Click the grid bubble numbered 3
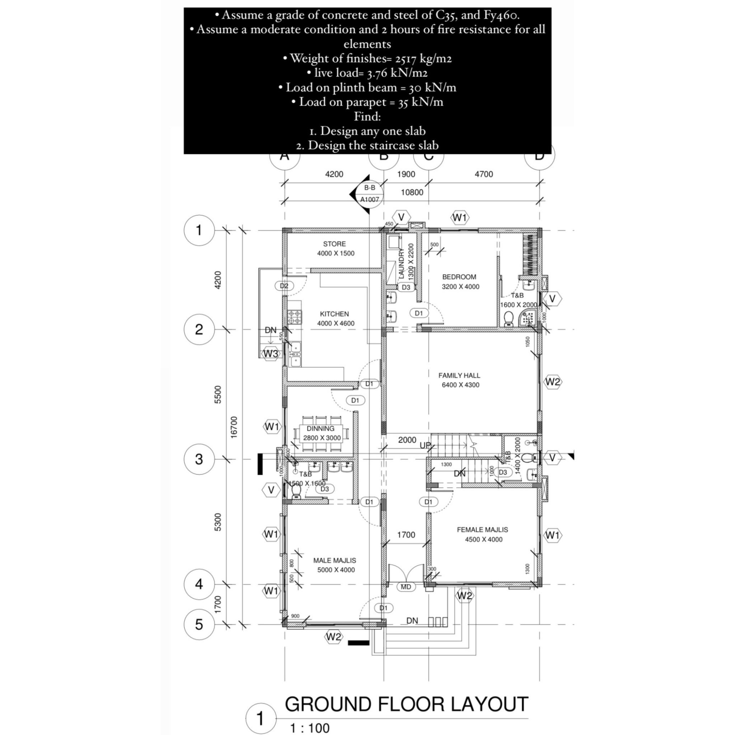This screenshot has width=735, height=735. tap(199, 459)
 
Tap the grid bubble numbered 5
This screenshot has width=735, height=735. tap(199, 624)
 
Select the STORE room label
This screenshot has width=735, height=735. tap(334, 244)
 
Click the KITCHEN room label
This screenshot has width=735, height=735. tap(334, 314)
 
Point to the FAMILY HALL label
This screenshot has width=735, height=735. tap(459, 375)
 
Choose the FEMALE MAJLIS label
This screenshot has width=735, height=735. tap(482, 530)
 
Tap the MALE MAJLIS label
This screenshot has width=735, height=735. tap(335, 560)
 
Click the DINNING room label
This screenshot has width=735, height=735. tap(321, 429)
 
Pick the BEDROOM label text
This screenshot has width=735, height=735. tap(459, 277)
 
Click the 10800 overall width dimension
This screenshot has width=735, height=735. tap(412, 192)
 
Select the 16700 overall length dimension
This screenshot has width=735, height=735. tap(234, 427)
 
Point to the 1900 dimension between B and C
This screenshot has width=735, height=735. tap(406, 174)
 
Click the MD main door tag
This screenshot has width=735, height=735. tap(406, 587)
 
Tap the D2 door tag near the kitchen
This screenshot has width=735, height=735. tap(284, 286)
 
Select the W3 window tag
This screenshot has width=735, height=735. tap(271, 354)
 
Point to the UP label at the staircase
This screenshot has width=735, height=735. tap(425, 445)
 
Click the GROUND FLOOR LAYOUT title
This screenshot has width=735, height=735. tap(407, 704)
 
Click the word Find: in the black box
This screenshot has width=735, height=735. tap(367, 116)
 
